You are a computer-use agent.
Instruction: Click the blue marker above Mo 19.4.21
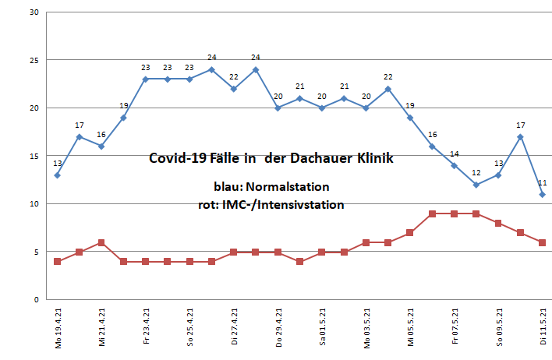click(x=57, y=175)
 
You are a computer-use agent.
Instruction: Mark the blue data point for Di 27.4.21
click(x=234, y=89)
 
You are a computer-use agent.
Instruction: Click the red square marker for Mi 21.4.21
click(x=101, y=242)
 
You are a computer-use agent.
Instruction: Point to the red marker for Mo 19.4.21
click(x=57, y=262)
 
